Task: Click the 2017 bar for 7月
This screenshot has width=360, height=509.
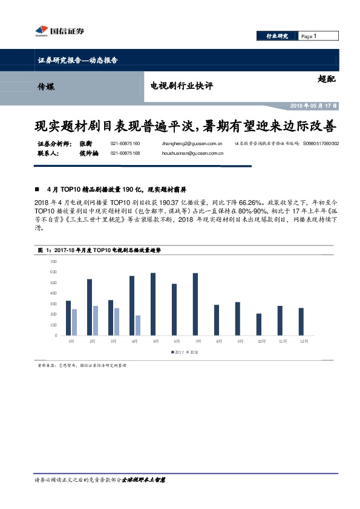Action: click(x=195, y=304)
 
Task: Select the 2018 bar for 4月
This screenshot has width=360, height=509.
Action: click(x=137, y=325)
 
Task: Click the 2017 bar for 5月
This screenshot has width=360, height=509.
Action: click(x=153, y=304)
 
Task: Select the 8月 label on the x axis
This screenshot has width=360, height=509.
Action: click(x=217, y=342)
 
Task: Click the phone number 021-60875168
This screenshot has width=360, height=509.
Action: click(x=125, y=154)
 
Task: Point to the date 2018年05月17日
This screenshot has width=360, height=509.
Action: click(x=313, y=106)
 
